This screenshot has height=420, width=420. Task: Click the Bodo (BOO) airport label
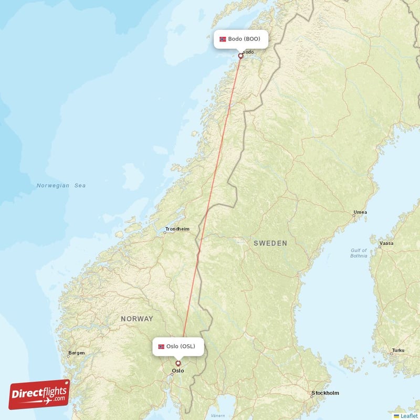[x=241, y=39]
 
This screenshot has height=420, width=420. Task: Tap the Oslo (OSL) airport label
[x=178, y=346]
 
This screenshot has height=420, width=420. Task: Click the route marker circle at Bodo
[x=241, y=55]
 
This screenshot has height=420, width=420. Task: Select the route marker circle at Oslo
[x=178, y=363]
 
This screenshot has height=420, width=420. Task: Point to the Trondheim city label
[x=177, y=229]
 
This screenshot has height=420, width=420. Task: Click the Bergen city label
[x=76, y=353]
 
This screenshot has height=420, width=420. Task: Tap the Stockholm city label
[x=325, y=393]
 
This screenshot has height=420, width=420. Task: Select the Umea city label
[x=360, y=213]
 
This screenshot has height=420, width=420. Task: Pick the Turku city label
[x=398, y=350]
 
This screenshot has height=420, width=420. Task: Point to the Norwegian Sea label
[x=61, y=185]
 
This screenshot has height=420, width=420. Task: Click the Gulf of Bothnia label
[x=359, y=253]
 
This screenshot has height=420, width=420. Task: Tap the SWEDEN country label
[x=270, y=243]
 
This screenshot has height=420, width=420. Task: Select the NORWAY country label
[x=136, y=319]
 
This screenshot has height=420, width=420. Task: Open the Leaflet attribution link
[x=408, y=416]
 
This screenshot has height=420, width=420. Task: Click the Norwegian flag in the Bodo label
[x=223, y=39]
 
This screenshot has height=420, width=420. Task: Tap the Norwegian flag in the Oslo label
[x=161, y=346]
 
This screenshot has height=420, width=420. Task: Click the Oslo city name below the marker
[x=178, y=371]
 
